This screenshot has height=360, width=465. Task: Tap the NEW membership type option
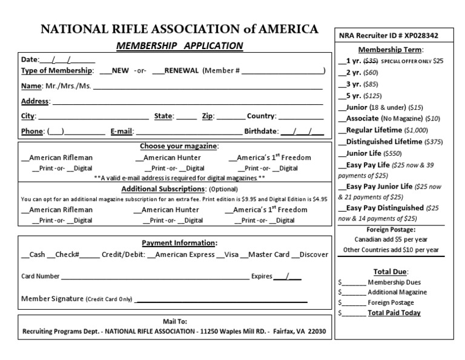coord(120,71)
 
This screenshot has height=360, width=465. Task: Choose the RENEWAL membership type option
coord(181,71)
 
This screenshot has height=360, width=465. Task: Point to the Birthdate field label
coord(261,131)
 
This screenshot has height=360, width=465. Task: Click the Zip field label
coord(208,116)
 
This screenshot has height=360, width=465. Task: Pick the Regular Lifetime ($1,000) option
coord(373,130)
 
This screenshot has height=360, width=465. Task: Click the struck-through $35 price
coord(370,61)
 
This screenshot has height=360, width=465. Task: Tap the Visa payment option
coord(231,255)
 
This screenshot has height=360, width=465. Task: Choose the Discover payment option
coord(314,255)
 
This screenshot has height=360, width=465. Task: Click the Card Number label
coord(41,276)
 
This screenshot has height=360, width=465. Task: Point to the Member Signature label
coord(52,299)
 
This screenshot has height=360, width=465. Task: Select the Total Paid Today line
coord(394,313)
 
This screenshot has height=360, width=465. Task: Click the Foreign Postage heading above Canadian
coord(391,230)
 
